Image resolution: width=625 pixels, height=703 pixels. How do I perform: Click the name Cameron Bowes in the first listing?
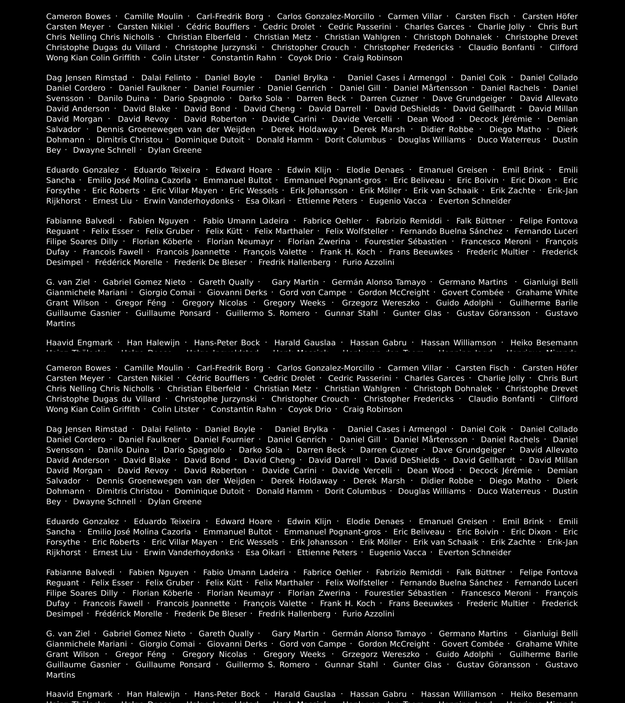pyautogui.click(x=78, y=17)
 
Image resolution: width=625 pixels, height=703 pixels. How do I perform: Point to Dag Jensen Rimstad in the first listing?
pyautogui.click(x=87, y=78)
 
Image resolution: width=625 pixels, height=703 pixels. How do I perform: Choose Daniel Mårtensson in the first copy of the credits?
pyautogui.click(x=430, y=88)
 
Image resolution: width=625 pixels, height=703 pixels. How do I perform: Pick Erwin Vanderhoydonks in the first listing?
pyautogui.click(x=188, y=201)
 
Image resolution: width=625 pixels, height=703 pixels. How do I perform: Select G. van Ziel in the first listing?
pyautogui.click(x=68, y=282)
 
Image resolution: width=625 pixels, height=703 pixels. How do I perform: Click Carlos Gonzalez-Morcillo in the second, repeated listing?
pyautogui.click(x=325, y=368)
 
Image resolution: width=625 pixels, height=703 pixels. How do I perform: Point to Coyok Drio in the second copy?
pyautogui.click(x=310, y=409)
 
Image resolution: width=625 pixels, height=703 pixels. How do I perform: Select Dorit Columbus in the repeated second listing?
pyautogui.click(x=355, y=491)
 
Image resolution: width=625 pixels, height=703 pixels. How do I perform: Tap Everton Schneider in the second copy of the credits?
pyautogui.click(x=475, y=552)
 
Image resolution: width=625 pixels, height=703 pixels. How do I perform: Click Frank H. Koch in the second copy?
pyautogui.click(x=347, y=603)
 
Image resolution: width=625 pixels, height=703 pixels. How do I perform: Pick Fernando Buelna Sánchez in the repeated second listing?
pyautogui.click(x=451, y=583)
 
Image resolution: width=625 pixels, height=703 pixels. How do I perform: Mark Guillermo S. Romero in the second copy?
pyautogui.click(x=268, y=664)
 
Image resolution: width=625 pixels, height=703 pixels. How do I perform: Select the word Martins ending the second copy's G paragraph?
pyautogui.click(x=60, y=675)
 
